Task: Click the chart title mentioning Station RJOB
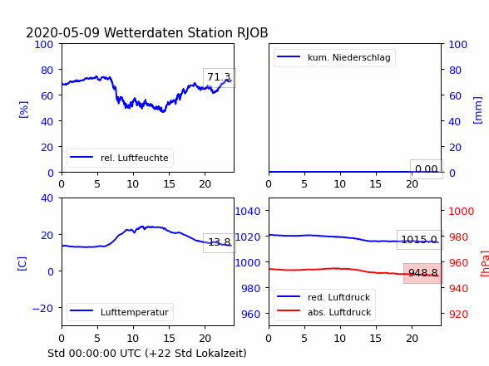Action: (147, 32)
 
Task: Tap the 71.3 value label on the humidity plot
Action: (219, 77)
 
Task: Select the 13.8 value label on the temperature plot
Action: (220, 242)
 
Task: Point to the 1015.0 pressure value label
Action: (419, 240)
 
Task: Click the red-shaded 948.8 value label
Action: (422, 273)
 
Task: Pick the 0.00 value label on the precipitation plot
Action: (427, 169)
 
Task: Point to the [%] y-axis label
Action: (23, 110)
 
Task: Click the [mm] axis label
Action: (477, 110)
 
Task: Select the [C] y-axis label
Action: (22, 264)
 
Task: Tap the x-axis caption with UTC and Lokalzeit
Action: (147, 354)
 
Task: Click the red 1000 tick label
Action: (462, 212)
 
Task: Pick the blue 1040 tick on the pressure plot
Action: (248, 212)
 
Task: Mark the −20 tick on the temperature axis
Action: (42, 308)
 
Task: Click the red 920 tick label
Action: (458, 314)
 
